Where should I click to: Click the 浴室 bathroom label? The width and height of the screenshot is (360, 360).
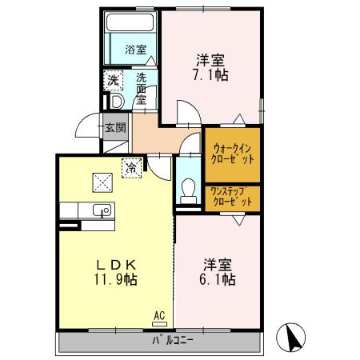pos(135,50)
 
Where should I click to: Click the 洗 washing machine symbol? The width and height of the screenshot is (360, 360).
pos(114,80)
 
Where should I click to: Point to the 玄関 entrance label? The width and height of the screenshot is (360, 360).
pos(115,126)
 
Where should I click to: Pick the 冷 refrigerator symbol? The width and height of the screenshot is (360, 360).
pos(129,168)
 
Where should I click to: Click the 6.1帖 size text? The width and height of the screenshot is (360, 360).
pos(217,280)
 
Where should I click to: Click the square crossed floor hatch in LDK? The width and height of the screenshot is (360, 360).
pos(102,182)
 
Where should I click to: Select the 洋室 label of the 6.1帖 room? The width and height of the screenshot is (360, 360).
pos(217,263)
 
